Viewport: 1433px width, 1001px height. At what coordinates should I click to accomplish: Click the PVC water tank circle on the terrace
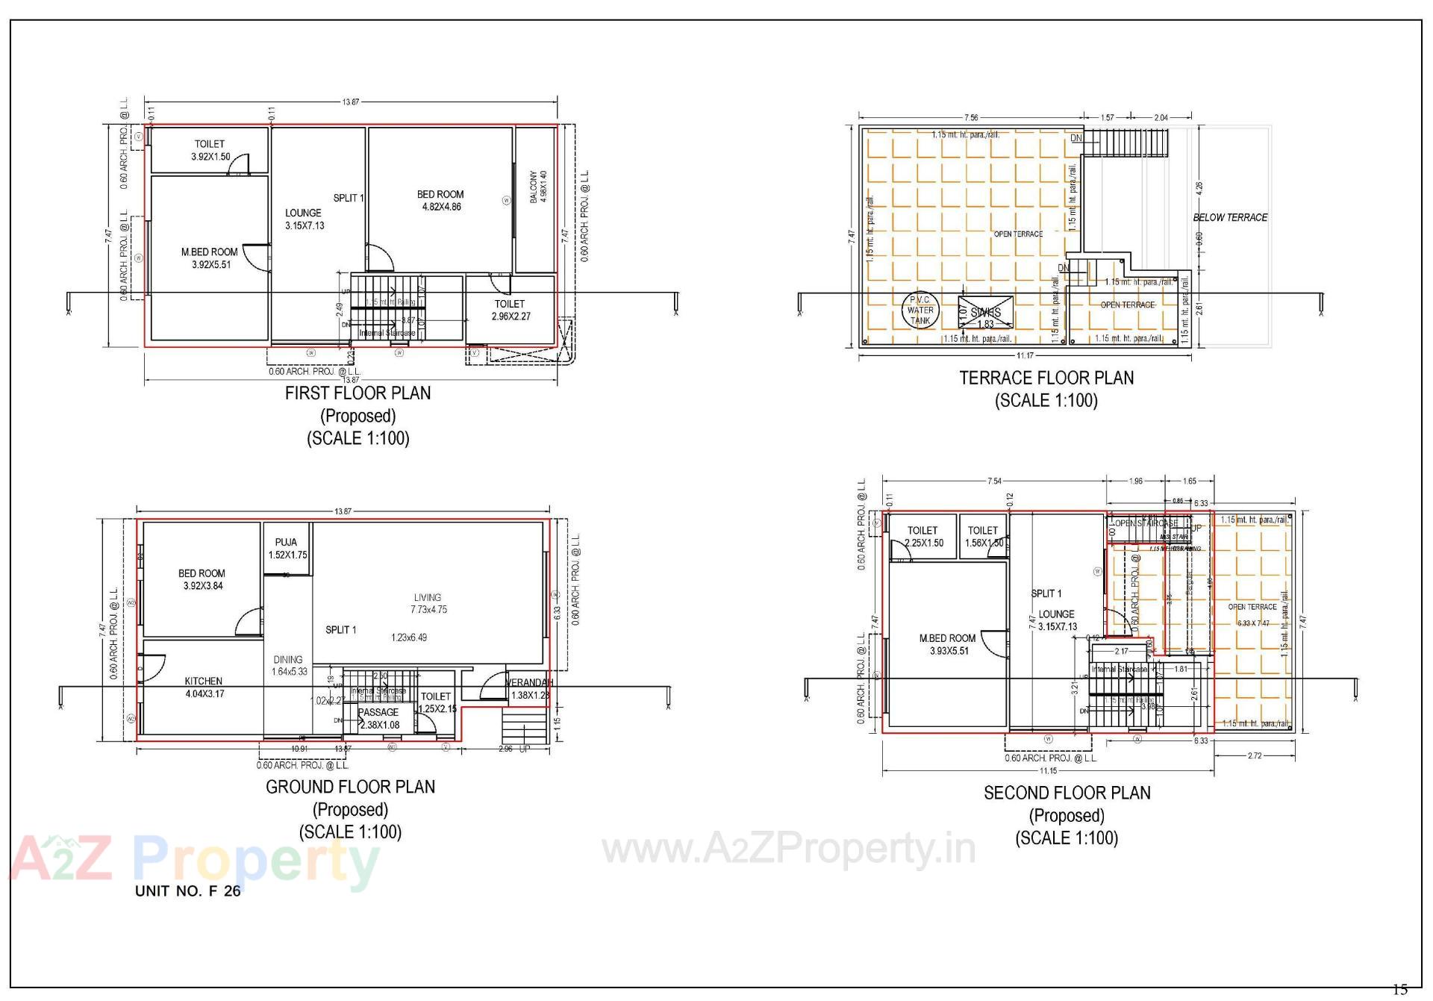point(920,310)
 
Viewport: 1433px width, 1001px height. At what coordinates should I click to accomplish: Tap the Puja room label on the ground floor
point(287,549)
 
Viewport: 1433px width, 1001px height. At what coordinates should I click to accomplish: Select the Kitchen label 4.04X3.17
point(204,687)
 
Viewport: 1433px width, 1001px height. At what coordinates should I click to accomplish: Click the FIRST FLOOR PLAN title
point(358,393)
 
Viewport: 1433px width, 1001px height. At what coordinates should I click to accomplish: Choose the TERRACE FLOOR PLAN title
point(1046,378)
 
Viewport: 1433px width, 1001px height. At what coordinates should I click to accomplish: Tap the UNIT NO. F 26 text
point(188,891)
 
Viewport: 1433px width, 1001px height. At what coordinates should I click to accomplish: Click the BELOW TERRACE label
point(1230,218)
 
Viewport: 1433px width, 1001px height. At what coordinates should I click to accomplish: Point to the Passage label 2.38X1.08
point(378,718)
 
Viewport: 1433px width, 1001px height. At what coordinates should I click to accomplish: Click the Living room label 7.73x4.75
point(428,603)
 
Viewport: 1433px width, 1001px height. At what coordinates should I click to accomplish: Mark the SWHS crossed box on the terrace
point(986,313)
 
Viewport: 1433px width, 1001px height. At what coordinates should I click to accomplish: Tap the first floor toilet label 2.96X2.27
point(510,310)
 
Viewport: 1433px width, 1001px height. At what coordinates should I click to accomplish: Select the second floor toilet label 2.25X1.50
point(923,537)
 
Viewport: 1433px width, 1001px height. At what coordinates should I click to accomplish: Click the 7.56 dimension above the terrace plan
point(971,117)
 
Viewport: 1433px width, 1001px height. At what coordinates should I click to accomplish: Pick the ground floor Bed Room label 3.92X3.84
point(202,579)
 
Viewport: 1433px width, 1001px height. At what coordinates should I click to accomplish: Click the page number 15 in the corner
point(1400,990)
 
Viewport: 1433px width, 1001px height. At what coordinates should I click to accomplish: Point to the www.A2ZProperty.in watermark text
point(789,849)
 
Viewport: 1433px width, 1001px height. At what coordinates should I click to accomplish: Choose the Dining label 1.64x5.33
point(288,665)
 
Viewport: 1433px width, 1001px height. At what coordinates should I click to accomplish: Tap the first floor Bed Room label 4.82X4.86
point(440,201)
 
